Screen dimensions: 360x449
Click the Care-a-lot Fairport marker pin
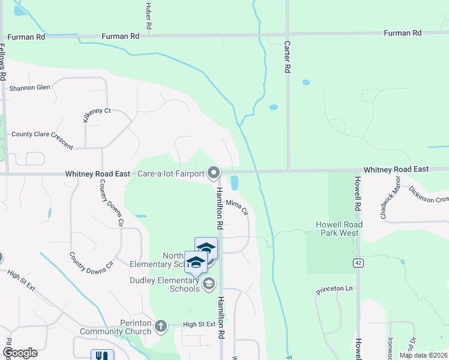coord(214,173)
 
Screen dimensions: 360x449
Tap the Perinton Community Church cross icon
coord(160,326)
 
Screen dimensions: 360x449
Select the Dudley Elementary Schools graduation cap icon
coord(209,283)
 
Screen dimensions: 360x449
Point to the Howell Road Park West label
coord(337,229)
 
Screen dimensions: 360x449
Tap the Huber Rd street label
coord(148,15)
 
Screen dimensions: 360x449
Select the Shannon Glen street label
coord(30,88)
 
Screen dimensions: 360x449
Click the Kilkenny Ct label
coord(96,113)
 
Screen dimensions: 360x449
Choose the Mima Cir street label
coord(237,208)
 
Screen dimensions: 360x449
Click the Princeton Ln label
coord(335,289)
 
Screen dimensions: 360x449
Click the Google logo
coord(20,352)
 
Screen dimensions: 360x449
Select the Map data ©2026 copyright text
coord(423,355)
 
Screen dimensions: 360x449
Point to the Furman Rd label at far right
coord(402,33)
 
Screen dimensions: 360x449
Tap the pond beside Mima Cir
coord(235,182)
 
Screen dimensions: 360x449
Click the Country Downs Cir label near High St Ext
coord(91,260)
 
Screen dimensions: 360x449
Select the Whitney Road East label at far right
coord(396,170)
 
